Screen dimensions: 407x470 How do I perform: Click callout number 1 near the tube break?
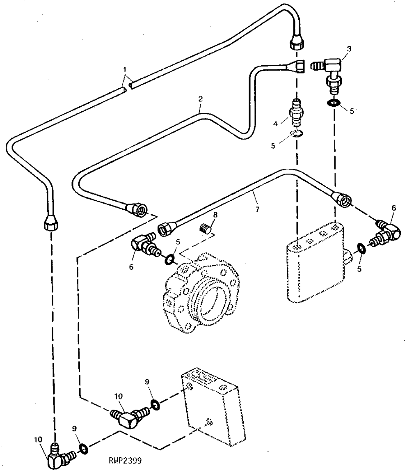point(125,69)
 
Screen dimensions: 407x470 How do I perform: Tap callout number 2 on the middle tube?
point(201,99)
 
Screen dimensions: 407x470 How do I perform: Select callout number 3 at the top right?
point(349,48)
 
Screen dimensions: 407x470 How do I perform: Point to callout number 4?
point(275,123)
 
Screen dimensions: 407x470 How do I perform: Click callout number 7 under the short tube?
point(257,209)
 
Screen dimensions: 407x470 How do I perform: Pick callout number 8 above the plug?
point(215,215)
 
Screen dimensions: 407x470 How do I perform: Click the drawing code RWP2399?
point(126,460)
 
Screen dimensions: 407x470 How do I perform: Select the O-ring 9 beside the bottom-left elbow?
point(83,449)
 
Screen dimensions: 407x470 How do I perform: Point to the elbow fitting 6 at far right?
point(386,233)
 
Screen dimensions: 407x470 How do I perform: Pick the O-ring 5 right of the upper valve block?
point(361,249)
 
